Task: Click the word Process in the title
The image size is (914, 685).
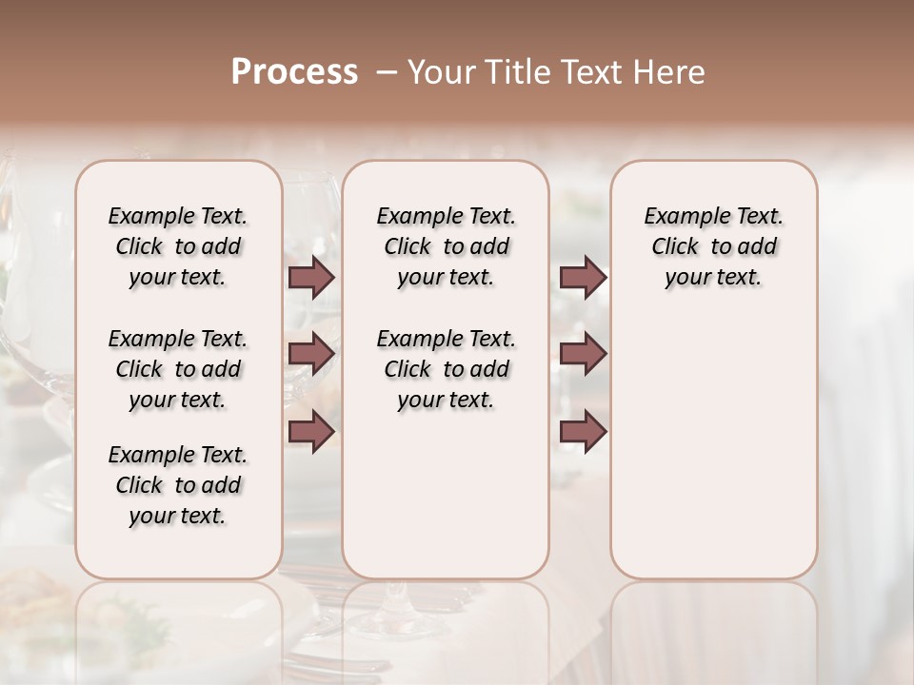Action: (x=294, y=72)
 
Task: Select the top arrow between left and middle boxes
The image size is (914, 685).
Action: (x=311, y=278)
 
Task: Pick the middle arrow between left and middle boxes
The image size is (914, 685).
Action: (x=311, y=354)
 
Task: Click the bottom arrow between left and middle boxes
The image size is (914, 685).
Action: (x=311, y=431)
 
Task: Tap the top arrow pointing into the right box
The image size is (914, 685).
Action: (x=583, y=278)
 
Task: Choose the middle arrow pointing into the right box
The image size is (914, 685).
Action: (x=583, y=354)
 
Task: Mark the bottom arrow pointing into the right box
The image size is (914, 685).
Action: (x=583, y=431)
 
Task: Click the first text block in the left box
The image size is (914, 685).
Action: (x=178, y=246)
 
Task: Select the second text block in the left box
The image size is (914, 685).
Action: (x=178, y=369)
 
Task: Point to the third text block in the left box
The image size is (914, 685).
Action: (x=178, y=485)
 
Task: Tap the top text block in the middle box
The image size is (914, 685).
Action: (x=446, y=246)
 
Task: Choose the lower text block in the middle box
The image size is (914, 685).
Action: (x=446, y=369)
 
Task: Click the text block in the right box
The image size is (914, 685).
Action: (x=713, y=246)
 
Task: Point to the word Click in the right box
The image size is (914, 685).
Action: (x=675, y=247)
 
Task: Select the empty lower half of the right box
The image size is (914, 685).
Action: (x=713, y=447)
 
